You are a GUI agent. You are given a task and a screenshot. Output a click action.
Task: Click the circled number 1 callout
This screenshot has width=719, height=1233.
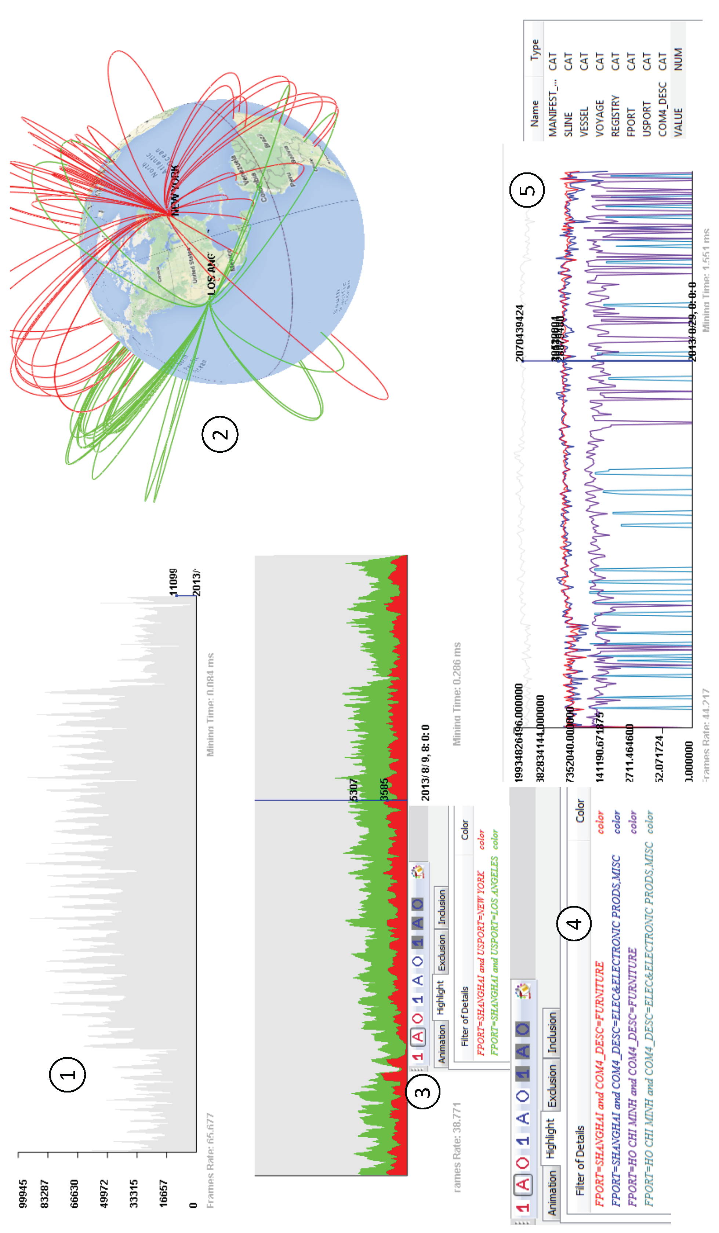[68, 1075]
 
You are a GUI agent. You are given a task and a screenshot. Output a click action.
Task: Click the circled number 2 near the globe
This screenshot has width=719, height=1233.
[220, 434]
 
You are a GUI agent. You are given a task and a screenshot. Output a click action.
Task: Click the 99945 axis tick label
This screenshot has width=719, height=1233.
[23, 1193]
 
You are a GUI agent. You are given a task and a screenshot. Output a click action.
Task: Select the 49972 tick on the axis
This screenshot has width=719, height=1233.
[104, 1193]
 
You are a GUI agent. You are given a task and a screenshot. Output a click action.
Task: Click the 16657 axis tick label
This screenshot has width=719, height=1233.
[163, 1193]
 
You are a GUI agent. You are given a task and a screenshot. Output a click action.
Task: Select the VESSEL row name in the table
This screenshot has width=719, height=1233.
[584, 122]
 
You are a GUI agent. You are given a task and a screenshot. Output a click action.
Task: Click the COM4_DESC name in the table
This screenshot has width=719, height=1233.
[662, 109]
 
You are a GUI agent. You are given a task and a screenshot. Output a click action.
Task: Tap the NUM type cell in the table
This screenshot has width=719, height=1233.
[678, 59]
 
